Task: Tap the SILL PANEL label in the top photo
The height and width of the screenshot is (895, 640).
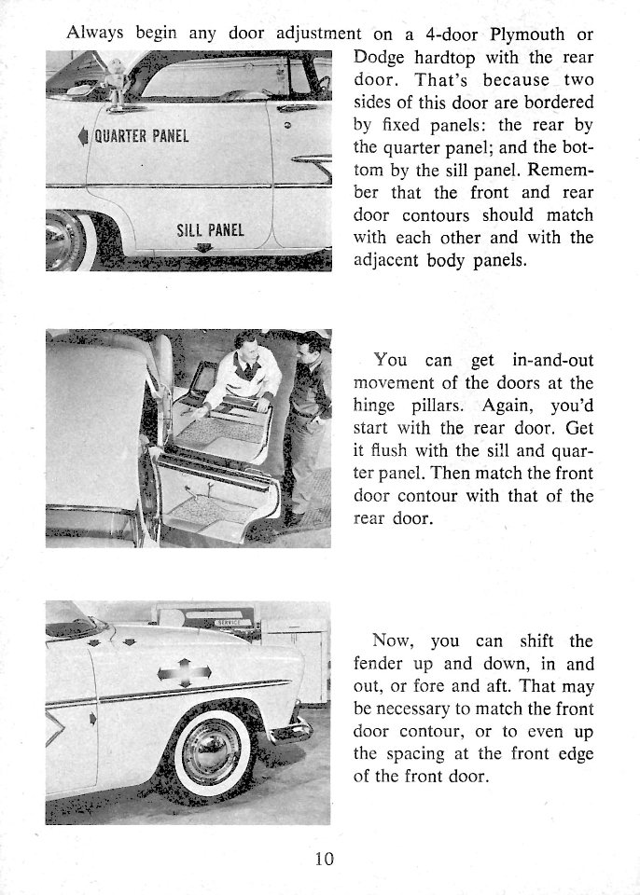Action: [x=209, y=229]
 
